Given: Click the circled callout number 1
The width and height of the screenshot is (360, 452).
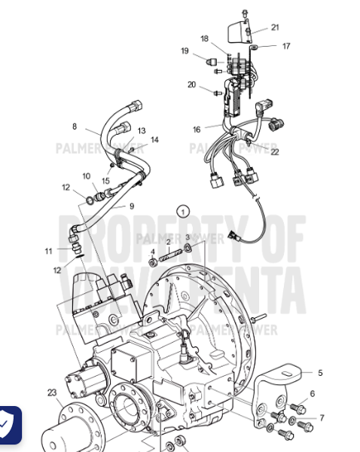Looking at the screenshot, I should click(x=182, y=212).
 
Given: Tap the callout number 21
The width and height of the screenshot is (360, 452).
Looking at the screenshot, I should click(x=275, y=28).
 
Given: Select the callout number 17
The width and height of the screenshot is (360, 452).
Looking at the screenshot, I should click(x=286, y=46).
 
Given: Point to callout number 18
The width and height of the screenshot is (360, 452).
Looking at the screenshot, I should click(x=204, y=38).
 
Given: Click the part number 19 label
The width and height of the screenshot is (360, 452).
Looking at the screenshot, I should click(x=185, y=50).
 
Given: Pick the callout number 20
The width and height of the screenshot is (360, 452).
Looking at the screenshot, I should click(x=192, y=84).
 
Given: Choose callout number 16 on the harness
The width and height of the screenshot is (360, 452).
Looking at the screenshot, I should click(x=197, y=130).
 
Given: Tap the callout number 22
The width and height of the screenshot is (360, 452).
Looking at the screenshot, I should click(x=275, y=151).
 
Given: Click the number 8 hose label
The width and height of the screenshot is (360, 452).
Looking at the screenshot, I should click(x=75, y=126).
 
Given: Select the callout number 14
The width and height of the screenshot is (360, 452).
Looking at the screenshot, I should click(x=154, y=139).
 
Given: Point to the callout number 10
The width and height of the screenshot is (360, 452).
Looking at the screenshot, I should click(x=87, y=176).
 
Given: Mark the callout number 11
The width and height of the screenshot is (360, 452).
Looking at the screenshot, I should click(x=48, y=251).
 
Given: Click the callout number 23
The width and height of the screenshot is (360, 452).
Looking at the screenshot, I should click(x=51, y=392).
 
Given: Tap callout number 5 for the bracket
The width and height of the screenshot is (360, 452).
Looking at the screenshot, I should click(x=319, y=372).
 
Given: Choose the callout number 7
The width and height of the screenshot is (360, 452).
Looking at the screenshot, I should click(x=322, y=418).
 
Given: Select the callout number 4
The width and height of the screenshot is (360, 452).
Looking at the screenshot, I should click(x=153, y=252).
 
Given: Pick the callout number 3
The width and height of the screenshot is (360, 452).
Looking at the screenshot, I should click(x=188, y=238).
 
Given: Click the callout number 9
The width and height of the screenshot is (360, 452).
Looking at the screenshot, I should click(x=131, y=206).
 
